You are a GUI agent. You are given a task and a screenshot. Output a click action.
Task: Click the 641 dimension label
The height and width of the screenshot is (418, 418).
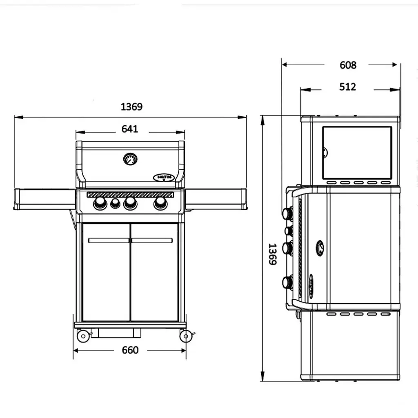[x=130, y=129]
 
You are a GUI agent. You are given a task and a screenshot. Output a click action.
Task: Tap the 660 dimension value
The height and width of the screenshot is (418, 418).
[x=130, y=350]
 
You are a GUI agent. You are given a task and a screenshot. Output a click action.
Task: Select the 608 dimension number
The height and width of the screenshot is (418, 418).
[x=348, y=65]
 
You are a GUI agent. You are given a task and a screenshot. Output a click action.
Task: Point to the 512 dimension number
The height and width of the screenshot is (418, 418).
[x=348, y=87]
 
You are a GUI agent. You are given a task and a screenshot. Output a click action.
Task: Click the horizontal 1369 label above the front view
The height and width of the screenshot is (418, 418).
[x=131, y=107]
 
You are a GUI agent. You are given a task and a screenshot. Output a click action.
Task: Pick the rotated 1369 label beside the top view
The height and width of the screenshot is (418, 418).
[x=272, y=254]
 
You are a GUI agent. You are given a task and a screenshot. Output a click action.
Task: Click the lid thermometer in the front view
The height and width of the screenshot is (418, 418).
[x=130, y=159]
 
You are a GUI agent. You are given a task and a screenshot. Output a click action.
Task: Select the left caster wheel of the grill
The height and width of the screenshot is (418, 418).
[x=83, y=336]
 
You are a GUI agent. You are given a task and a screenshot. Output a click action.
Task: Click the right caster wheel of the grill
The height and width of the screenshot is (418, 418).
[x=186, y=336]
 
